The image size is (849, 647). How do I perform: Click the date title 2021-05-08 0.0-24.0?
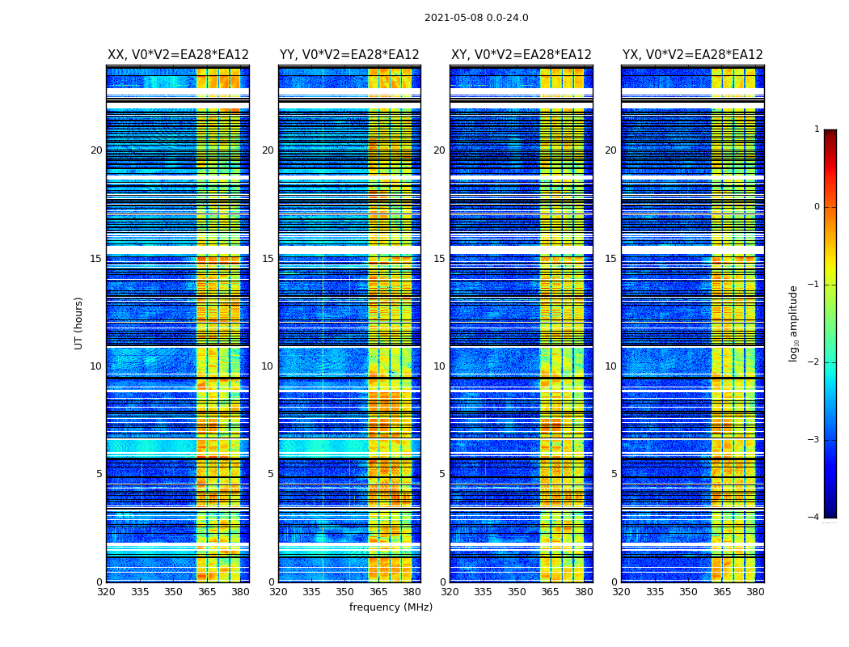(476, 18)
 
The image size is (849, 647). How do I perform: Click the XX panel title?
(178, 55)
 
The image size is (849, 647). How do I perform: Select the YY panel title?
(349, 55)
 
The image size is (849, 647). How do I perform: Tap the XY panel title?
(521, 55)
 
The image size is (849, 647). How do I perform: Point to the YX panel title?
(692, 55)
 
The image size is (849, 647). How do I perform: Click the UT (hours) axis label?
(79, 323)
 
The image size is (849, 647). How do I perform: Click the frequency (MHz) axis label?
(391, 607)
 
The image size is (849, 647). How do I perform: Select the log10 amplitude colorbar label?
(794, 323)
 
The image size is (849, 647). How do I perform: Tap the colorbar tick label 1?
(817, 129)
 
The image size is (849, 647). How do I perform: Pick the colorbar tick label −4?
(814, 518)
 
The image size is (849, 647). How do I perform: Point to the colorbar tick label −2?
(814, 362)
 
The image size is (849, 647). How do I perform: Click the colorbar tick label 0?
(817, 207)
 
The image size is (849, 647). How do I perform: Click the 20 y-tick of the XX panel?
(96, 150)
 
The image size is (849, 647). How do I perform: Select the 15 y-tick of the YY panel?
(268, 259)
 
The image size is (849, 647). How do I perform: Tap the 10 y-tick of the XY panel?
(439, 366)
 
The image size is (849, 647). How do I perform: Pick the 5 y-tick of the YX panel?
(614, 474)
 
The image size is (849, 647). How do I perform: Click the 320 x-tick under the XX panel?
(107, 592)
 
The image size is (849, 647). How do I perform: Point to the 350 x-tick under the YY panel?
(345, 592)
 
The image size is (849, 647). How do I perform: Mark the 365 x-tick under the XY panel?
(550, 592)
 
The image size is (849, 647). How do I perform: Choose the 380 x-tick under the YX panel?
(755, 592)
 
